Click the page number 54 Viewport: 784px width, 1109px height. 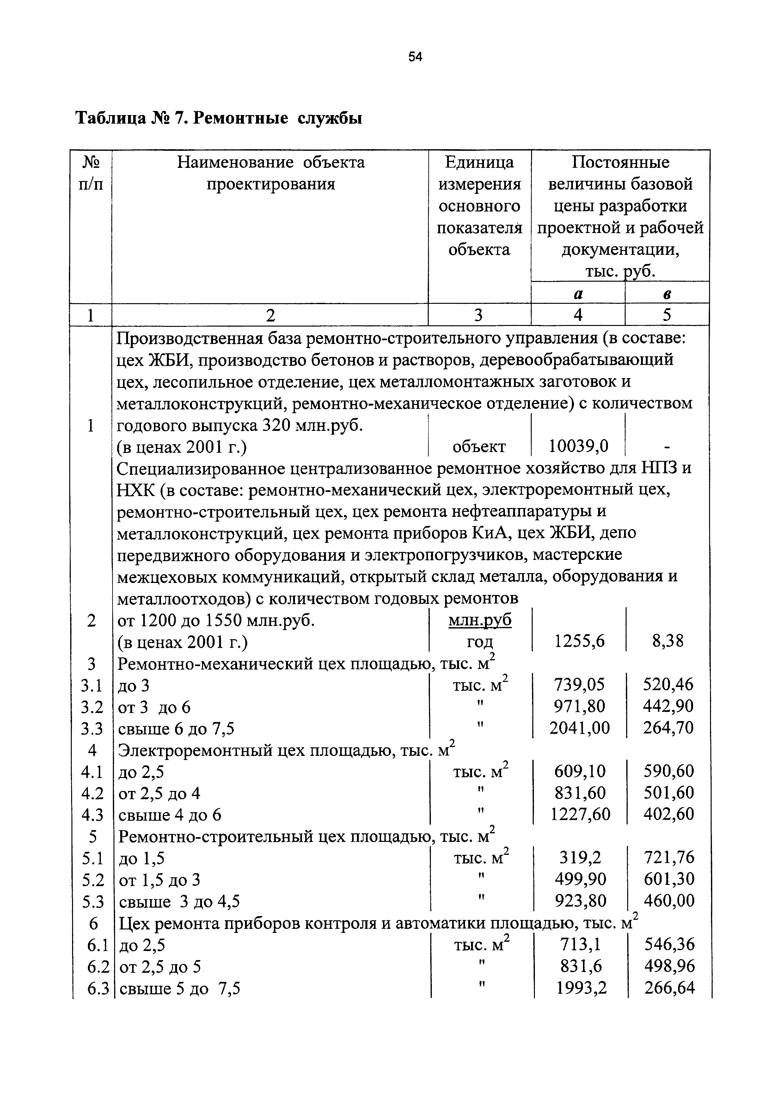[x=415, y=57]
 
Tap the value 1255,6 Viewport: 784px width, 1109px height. [x=579, y=641]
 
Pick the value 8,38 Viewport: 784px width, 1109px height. [x=668, y=641]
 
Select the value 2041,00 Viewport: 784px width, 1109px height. [x=579, y=727]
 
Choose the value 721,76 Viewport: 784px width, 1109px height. [x=669, y=858]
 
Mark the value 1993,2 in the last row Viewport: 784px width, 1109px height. [x=581, y=988]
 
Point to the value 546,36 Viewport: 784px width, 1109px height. [x=670, y=944]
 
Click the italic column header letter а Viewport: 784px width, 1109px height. [x=578, y=293]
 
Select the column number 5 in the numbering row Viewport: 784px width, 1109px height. [x=667, y=315]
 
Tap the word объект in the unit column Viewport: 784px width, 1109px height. [x=479, y=447]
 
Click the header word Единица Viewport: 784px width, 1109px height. [x=479, y=162]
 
